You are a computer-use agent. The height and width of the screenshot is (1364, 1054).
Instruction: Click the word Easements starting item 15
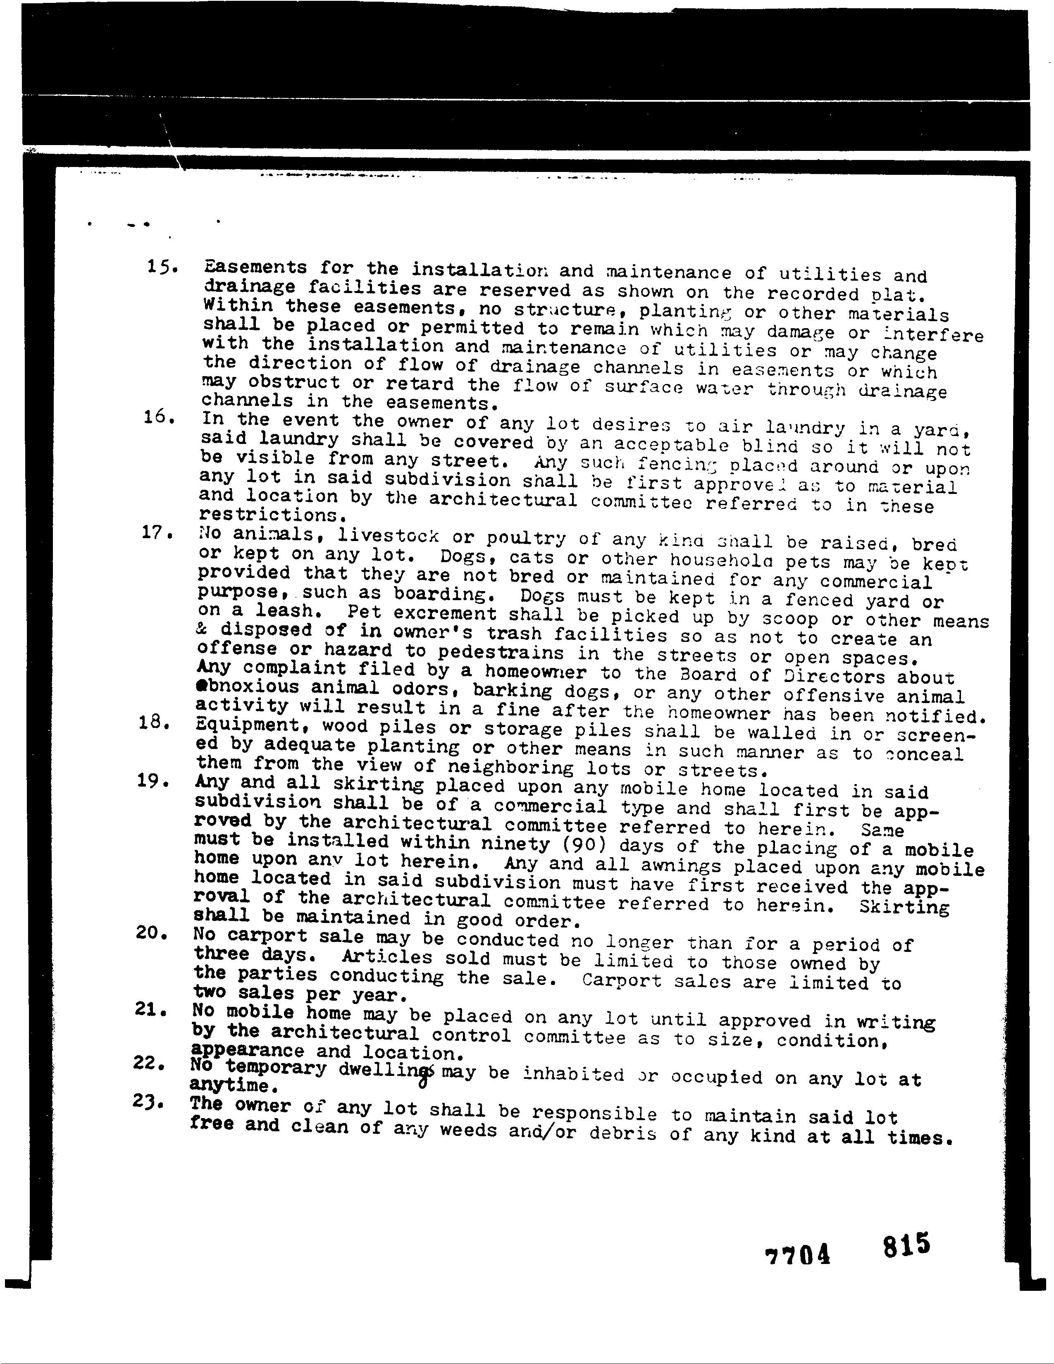coord(255,267)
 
